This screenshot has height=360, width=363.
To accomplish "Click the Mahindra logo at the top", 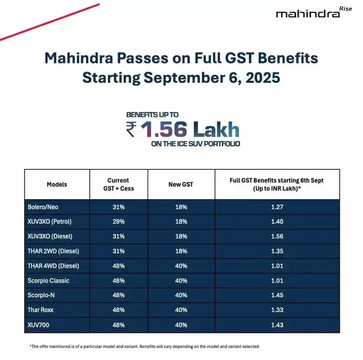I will pyautogui.click(x=308, y=13).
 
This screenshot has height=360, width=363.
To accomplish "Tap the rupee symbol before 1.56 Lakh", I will pyautogui.click(x=131, y=128).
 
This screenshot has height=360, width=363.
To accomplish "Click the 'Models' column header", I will pyautogui.click(x=57, y=184).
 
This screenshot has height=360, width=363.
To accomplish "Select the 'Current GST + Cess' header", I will pyautogui.click(x=118, y=184).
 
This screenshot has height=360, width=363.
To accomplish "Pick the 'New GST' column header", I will pyautogui.click(x=181, y=184).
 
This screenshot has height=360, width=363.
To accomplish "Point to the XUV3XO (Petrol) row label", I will pyautogui.click(x=50, y=222).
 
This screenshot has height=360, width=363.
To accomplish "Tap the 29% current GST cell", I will pyautogui.click(x=118, y=222).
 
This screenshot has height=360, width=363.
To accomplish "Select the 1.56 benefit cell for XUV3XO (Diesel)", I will pyautogui.click(x=277, y=237).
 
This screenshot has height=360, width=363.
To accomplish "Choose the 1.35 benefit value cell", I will pyautogui.click(x=277, y=251).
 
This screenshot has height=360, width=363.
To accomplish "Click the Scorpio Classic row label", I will pyautogui.click(x=48, y=281).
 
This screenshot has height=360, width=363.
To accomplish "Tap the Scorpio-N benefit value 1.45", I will pyautogui.click(x=277, y=295).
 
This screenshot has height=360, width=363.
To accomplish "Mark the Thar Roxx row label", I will pyautogui.click(x=41, y=310).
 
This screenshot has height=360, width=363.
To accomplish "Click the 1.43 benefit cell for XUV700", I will pyautogui.click(x=277, y=325).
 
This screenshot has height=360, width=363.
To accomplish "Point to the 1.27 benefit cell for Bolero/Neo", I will pyautogui.click(x=277, y=207).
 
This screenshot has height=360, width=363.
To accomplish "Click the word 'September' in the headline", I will pyautogui.click(x=178, y=78).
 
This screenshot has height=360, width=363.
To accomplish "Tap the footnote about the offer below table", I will pyautogui.click(x=145, y=346).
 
